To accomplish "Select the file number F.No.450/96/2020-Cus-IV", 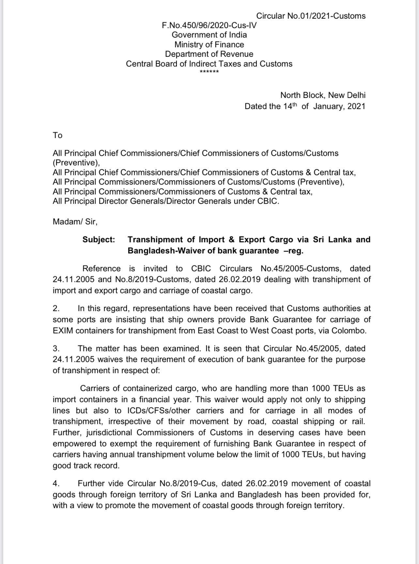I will pyautogui.click(x=209, y=25).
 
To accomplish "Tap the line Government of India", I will pyautogui.click(x=209, y=35).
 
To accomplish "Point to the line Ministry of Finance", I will pyautogui.click(x=209, y=44).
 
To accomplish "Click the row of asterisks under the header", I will pyautogui.click(x=209, y=71).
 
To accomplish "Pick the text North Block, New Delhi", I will pyautogui.click(x=323, y=95).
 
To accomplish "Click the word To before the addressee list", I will pyautogui.click(x=57, y=135).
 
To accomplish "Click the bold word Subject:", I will pyautogui.click(x=99, y=240).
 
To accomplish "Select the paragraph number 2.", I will pyautogui.click(x=56, y=308).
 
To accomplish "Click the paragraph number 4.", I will pyautogui.click(x=56, y=483).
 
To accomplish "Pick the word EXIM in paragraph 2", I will pyautogui.click(x=63, y=331).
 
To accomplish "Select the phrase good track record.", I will pyautogui.click(x=86, y=466).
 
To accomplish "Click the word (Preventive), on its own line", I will pyautogui.click(x=76, y=163).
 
